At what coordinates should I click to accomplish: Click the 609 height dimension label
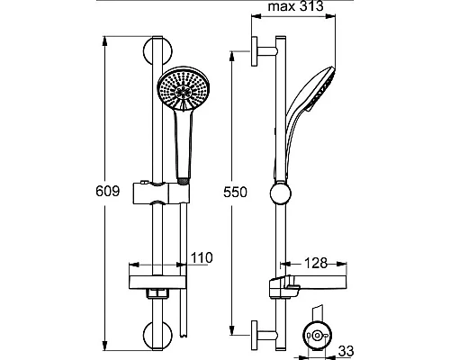[108, 191]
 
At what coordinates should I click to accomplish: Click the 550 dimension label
[235, 193]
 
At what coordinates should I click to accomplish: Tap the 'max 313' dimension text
[295, 6]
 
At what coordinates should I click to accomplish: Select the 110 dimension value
[202, 257]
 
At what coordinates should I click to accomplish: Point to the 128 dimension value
[316, 263]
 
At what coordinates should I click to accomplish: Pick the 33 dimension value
[346, 351]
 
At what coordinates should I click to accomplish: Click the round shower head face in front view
[184, 89]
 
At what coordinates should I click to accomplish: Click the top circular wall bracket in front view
[157, 50]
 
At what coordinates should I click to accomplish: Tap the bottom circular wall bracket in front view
[157, 336]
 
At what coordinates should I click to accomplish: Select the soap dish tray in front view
[157, 283]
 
